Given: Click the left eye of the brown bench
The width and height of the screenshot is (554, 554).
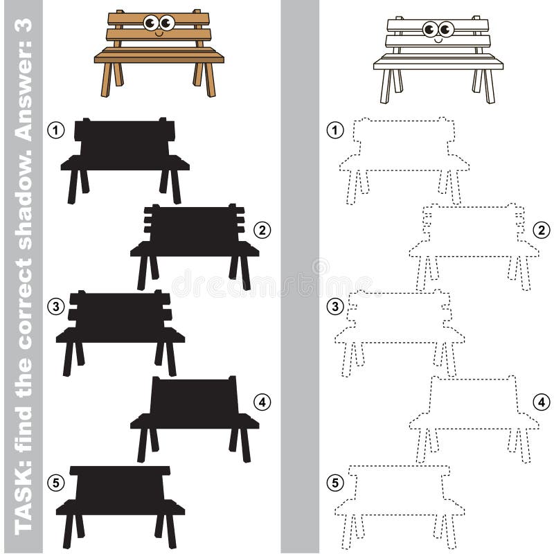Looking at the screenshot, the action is (151, 23).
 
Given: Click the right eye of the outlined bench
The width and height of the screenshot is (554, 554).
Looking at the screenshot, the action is (446, 29).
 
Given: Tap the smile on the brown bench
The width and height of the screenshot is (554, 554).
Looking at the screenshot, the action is (159, 34).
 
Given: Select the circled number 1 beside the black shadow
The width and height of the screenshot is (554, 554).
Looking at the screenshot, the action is (56, 130).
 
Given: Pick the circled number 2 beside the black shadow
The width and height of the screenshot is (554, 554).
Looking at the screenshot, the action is (262, 230).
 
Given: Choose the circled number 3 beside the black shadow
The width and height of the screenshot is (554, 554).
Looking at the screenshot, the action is (56, 306).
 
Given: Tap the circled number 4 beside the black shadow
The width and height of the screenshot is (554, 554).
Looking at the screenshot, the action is (262, 402).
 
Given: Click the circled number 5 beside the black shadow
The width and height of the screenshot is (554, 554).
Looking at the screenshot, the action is (56, 483).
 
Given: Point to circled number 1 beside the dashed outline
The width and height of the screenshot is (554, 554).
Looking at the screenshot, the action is (335, 130).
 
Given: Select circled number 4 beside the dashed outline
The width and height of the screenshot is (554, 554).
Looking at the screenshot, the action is (542, 402).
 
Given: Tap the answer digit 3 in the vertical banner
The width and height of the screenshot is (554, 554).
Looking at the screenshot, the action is (24, 26).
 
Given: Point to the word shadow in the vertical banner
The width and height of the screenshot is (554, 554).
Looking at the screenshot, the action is (24, 207).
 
